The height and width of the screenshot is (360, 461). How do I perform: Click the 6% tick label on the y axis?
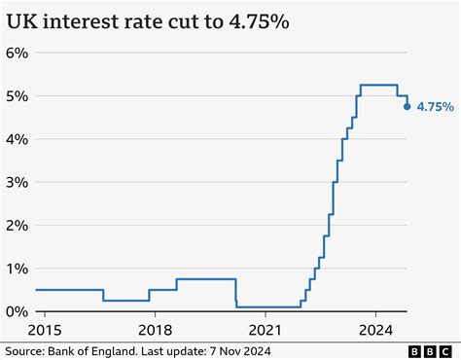18,53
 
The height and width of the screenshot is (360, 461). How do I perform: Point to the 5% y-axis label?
18,96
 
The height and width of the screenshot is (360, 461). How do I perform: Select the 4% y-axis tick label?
18,139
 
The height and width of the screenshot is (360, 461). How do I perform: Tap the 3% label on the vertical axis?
18,182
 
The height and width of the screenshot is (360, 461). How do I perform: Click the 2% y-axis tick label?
18,225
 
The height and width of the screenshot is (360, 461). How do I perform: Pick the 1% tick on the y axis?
18,268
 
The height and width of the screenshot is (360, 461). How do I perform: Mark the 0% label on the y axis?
18,310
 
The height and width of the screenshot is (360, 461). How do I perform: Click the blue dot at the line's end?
407,107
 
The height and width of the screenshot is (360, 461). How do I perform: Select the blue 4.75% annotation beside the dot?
434,108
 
